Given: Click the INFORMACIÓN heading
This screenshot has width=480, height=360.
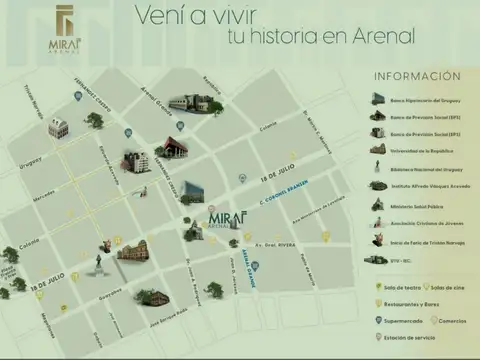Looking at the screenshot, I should click(x=417, y=76).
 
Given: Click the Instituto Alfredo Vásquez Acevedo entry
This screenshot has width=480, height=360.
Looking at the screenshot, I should click(x=427, y=185).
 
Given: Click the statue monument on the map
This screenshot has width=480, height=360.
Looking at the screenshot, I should click(x=98, y=263).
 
